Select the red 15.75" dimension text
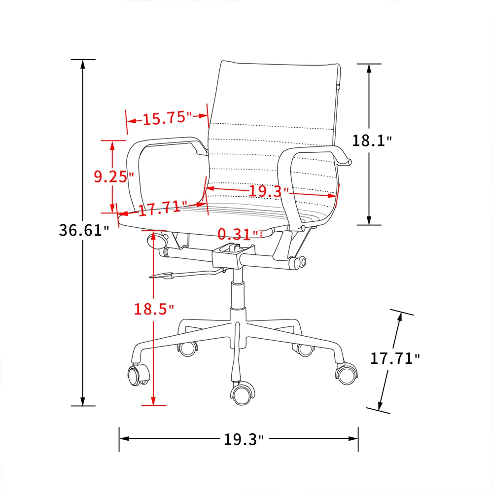(167, 118)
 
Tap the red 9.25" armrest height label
(114, 176)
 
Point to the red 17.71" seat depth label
(162, 208)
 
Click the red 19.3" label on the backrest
(268, 190)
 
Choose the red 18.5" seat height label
(154, 310)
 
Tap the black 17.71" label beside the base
(395, 358)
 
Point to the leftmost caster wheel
(138, 375)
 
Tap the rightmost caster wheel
(347, 373)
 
